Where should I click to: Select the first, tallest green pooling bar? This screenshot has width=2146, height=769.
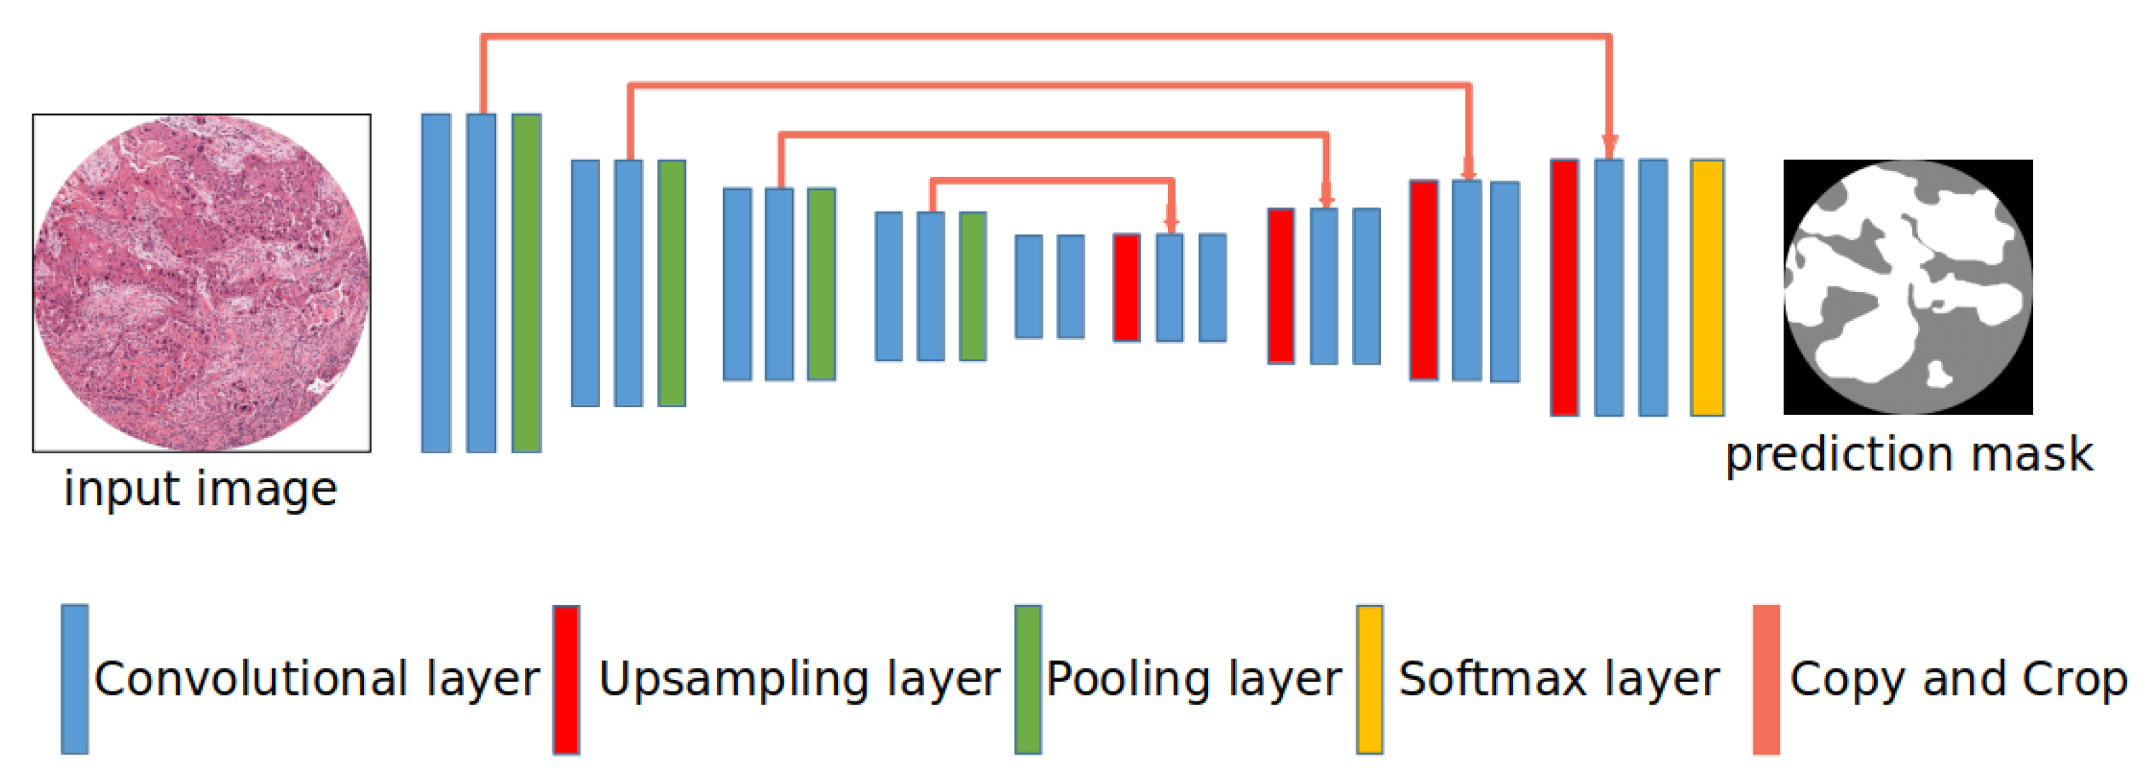point(526,283)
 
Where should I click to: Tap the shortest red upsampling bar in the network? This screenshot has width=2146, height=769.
point(1126,288)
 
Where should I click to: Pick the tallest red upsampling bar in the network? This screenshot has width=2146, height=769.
point(1563,288)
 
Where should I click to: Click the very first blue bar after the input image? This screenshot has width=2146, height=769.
point(436,283)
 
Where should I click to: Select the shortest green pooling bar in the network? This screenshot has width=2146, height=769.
point(972,286)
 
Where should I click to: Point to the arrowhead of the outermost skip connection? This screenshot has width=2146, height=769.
point(1609,147)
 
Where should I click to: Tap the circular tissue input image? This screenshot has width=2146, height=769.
point(201,283)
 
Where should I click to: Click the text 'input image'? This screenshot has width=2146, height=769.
point(201,489)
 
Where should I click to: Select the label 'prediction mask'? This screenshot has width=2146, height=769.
point(1908,455)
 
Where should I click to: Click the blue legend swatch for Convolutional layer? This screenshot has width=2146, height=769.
point(75,679)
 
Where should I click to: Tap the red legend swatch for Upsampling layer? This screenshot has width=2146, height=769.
point(566,679)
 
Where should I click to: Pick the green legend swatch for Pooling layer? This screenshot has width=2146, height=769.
point(1028,679)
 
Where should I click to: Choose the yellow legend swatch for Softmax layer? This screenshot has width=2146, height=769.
point(1369,679)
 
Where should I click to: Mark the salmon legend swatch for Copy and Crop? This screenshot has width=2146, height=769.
point(1766,679)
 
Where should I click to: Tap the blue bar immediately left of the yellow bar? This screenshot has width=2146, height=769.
point(1653,288)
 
